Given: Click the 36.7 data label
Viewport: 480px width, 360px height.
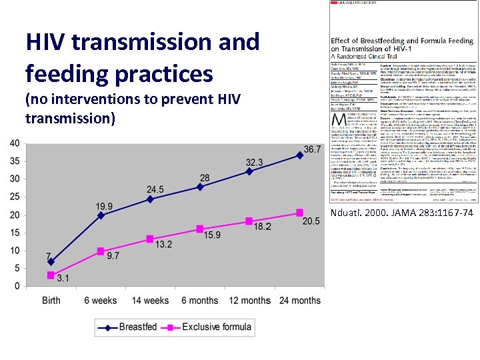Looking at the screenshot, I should [x=312, y=149].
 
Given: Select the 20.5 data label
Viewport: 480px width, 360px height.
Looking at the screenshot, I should [x=311, y=221].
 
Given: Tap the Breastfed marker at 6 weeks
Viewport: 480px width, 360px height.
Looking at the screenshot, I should [x=101, y=215].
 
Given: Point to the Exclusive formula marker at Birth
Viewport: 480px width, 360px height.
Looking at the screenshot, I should [x=51, y=275].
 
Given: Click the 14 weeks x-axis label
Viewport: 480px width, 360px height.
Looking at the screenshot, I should [x=150, y=300].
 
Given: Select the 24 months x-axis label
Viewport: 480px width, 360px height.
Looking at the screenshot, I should [x=297, y=300].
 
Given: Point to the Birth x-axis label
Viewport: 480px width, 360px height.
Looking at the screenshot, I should [x=51, y=300].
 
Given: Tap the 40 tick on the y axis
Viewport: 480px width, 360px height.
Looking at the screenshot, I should [x=14, y=143].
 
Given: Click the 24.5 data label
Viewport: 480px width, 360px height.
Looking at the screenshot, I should [x=155, y=190].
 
